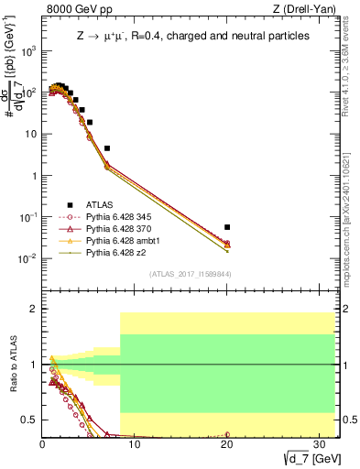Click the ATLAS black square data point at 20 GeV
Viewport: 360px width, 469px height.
point(227,227)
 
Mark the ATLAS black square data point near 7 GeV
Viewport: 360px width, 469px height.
point(107,147)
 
